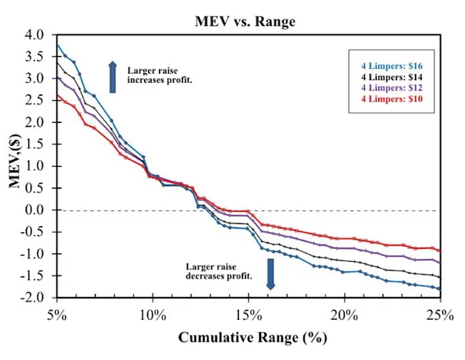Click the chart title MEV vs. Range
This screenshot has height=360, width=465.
[x=245, y=21]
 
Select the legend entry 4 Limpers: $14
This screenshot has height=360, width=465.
[x=391, y=77]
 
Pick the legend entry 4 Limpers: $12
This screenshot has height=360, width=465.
[x=391, y=88]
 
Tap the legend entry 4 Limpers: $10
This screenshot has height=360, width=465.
[x=391, y=99]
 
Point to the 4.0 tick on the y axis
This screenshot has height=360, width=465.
[x=35, y=35]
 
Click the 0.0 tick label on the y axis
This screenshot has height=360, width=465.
[x=35, y=210]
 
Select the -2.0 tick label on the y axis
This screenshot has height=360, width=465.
[x=33, y=298]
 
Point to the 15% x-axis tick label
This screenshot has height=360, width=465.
[x=248, y=316]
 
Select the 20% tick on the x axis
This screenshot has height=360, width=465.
[x=344, y=316]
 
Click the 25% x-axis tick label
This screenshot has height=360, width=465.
[x=439, y=316]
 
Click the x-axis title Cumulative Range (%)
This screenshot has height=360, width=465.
[x=248, y=338]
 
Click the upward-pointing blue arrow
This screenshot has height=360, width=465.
[x=112, y=77]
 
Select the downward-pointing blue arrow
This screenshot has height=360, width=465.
[x=270, y=274]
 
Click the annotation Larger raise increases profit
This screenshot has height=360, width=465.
[x=160, y=76]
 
